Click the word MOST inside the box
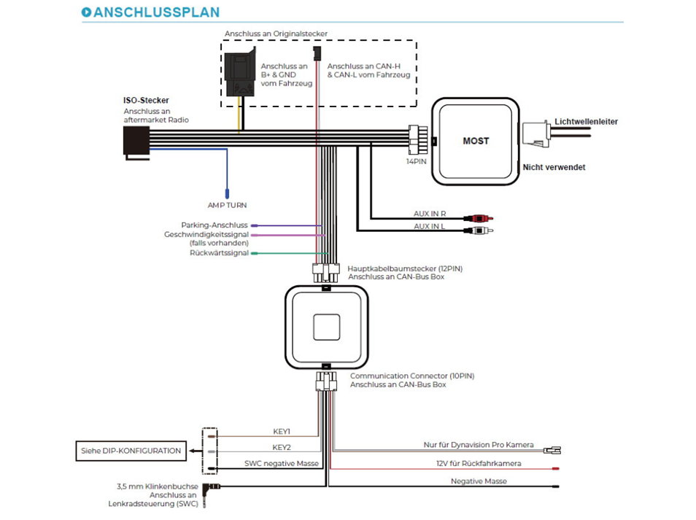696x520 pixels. (x=476, y=140)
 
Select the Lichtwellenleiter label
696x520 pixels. (x=586, y=121)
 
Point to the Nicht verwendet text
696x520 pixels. (x=554, y=167)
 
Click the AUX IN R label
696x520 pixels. (x=430, y=214)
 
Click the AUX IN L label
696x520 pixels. (x=430, y=228)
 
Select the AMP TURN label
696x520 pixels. (x=227, y=206)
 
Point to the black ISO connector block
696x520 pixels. (x=137, y=141)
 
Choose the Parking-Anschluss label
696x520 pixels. (x=214, y=225)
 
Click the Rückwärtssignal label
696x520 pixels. (x=219, y=253)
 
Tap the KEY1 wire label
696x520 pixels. (x=282, y=432)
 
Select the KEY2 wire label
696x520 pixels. (x=282, y=447)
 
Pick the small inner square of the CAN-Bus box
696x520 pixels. (x=327, y=327)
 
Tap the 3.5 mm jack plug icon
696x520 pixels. (x=212, y=486)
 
